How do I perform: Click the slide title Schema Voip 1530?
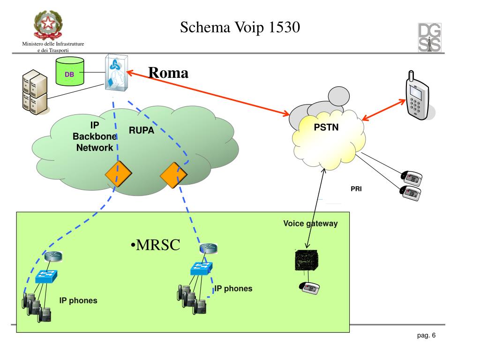point(240,28)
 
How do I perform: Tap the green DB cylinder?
point(69,73)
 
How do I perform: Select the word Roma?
point(168,73)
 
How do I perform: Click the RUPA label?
point(142,131)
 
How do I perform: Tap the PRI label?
point(356,189)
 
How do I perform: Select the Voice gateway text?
point(310,224)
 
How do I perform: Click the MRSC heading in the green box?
point(155,245)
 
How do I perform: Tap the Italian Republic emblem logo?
point(48,26)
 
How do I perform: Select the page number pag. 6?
point(426,335)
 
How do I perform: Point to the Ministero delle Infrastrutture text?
point(53,44)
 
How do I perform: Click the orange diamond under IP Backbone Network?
point(118,174)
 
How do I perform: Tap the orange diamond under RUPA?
point(173,174)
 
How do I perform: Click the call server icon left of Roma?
point(116,73)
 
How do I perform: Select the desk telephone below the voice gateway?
point(310,288)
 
